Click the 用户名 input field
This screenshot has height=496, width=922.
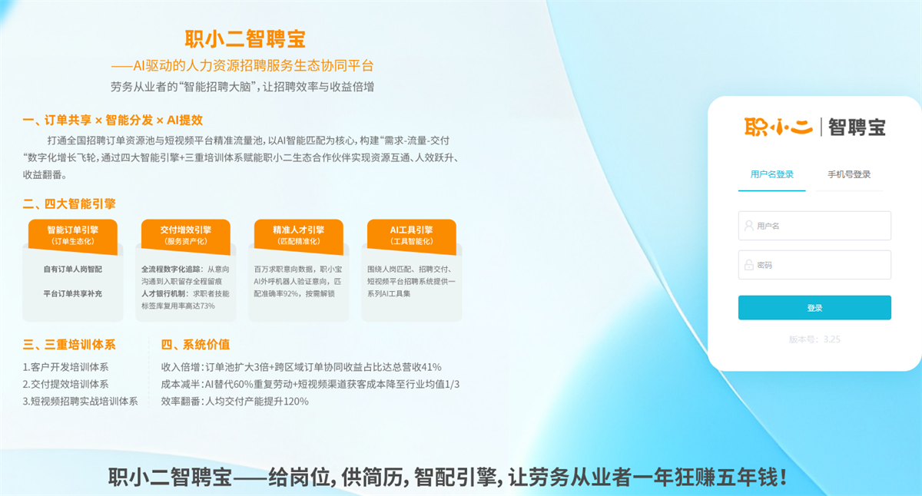(814, 226)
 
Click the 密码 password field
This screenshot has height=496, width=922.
(814, 265)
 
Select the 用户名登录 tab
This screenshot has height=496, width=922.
(771, 174)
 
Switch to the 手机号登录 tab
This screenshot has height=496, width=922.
(849, 174)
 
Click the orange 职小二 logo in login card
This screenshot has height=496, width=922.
(778, 127)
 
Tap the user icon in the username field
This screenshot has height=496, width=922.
(749, 226)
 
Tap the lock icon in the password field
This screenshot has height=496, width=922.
(749, 265)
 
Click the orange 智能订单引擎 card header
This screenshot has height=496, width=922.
(73, 236)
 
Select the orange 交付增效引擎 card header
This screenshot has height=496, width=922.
(186, 236)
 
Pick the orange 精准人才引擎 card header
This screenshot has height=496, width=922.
(298, 236)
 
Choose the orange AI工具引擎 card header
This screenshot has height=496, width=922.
(412, 236)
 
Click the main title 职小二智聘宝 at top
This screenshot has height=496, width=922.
(245, 39)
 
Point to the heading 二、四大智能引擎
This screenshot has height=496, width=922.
(69, 203)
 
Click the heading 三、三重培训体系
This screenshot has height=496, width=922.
(69, 344)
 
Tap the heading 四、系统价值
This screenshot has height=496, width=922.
(195, 344)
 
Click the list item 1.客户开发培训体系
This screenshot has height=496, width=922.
(65, 367)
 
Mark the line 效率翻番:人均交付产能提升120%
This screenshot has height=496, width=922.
(234, 402)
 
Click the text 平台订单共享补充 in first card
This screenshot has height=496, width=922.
(73, 293)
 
